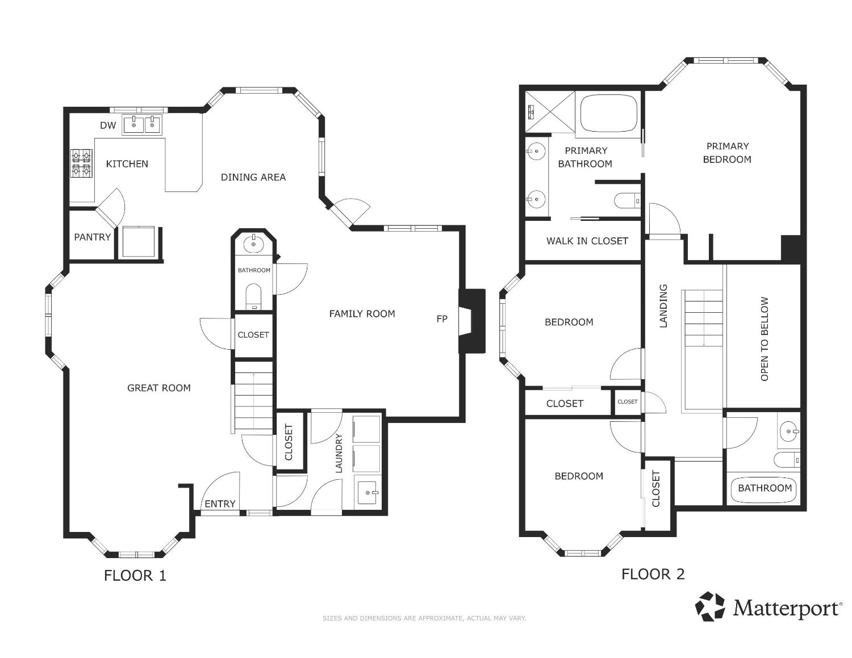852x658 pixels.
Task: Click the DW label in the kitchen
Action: pos(108,125)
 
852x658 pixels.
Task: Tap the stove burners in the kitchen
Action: pos(82,164)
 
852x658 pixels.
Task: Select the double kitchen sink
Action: pos(142,125)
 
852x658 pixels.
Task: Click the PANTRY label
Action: pos(93,237)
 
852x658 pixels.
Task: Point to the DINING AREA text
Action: pos(253,177)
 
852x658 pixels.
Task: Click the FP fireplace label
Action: pos(442,319)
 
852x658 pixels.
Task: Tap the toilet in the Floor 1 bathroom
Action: pos(254,297)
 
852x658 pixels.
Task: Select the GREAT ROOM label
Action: pos(159,388)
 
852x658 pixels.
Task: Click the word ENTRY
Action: pos(220,504)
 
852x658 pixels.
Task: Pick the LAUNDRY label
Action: pos(339,453)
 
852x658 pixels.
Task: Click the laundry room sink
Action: pos(367,493)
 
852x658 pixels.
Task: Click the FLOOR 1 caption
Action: pos(135,576)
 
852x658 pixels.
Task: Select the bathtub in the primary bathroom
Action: pos(608,113)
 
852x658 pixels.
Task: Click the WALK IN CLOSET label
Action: pos(587,241)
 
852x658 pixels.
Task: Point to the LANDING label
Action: pos(663,306)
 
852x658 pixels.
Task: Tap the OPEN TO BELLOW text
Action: pos(764,339)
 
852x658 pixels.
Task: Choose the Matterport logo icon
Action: pos(709,607)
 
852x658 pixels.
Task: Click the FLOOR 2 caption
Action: pos(653,575)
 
